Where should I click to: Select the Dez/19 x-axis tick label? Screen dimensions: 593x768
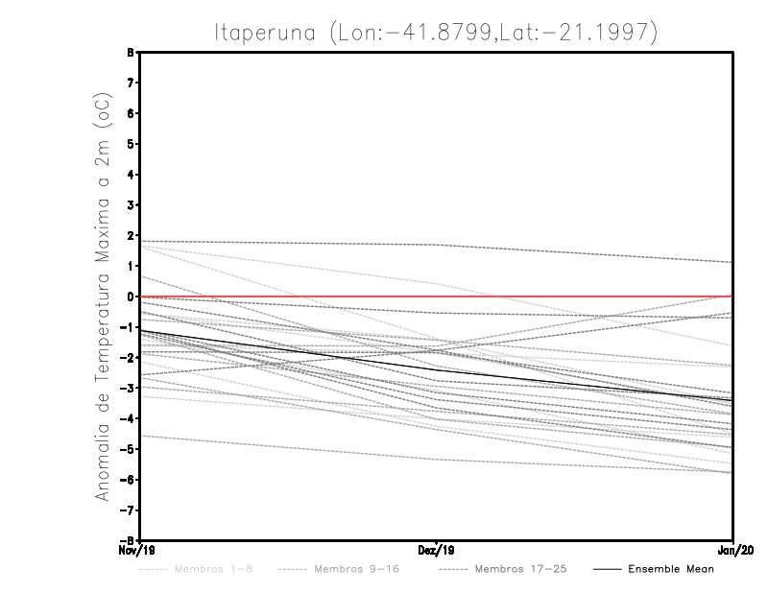(437, 551)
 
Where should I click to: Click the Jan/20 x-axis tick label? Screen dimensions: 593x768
(733, 551)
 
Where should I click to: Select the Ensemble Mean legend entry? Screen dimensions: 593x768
(670, 569)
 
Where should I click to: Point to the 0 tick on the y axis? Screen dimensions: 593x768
(130, 296)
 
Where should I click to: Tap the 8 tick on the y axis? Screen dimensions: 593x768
(130, 52)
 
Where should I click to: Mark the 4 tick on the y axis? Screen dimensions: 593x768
(130, 175)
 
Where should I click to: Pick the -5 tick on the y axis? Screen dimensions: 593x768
(127, 449)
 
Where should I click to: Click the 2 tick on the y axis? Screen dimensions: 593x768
(130, 235)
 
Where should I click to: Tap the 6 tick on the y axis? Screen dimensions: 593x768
(130, 113)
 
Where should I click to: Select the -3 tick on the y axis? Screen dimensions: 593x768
(127, 388)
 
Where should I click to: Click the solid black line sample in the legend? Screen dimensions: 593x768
(606, 569)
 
